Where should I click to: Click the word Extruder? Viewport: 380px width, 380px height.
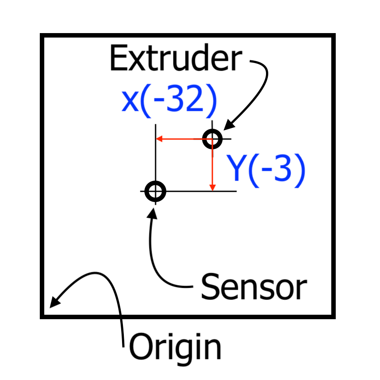(175, 59)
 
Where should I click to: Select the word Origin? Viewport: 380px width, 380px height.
(175, 347)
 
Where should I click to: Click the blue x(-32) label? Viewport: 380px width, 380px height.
(169, 101)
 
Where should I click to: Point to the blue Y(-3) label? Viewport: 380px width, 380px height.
(267, 170)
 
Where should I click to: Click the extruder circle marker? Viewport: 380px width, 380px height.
(212, 139)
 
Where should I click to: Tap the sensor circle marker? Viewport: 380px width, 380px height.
(155, 191)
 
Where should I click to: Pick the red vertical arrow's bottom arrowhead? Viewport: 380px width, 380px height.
(213, 187)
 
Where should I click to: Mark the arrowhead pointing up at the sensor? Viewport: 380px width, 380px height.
(153, 211)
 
